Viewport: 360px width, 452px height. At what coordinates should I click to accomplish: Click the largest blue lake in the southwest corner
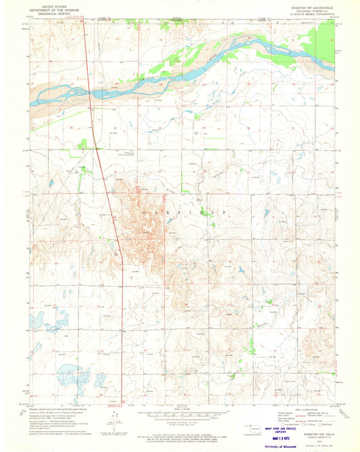71,372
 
